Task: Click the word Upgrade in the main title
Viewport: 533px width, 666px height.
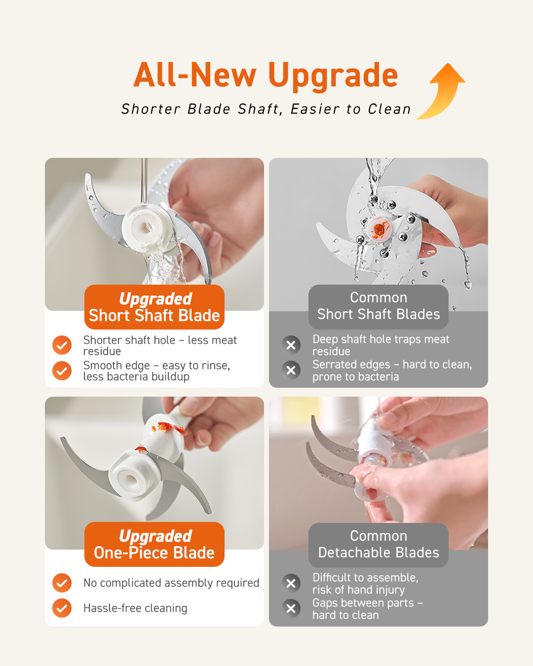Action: coord(333,76)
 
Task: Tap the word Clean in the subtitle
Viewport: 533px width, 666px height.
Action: coord(389,109)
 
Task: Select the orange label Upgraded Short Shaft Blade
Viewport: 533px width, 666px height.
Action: coord(154,307)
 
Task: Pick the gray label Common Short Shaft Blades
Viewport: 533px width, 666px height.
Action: coord(379,306)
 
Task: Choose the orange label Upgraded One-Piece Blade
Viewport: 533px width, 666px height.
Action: coord(154,545)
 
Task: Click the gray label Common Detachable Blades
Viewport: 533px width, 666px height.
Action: coord(379,545)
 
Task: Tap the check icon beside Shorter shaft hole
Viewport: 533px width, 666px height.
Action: coord(62,345)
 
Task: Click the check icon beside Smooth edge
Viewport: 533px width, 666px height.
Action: coord(62,371)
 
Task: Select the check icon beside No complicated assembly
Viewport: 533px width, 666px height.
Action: coord(62,583)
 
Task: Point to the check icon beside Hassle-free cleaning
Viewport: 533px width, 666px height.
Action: coord(62,608)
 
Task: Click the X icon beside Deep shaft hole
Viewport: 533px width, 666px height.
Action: coord(291,345)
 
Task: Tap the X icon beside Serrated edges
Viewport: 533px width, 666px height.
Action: coord(291,370)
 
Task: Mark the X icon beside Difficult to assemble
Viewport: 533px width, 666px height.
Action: coord(291,584)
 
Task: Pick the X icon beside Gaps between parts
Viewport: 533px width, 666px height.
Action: coord(291,609)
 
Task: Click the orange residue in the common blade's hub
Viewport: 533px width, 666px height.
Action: coord(378,229)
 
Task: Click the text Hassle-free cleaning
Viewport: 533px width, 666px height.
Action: coord(135,608)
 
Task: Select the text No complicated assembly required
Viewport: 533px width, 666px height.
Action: coord(171,583)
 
